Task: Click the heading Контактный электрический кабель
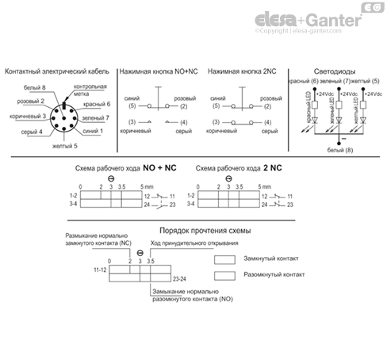coord(56,71)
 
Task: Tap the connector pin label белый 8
coord(36,87)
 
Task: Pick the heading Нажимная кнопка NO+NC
coord(159,71)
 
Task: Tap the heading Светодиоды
coord(337,71)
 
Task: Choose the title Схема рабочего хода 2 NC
coord(237,169)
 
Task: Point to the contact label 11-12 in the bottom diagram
coord(100,270)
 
